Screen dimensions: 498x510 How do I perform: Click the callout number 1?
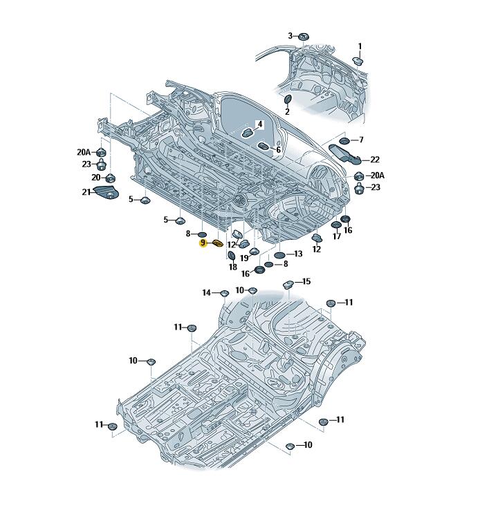(360, 46)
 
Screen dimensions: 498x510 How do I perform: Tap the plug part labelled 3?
(304, 36)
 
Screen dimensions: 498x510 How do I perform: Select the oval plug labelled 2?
(288, 100)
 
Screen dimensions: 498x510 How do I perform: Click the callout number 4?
(260, 124)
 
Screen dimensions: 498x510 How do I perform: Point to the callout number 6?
(278, 150)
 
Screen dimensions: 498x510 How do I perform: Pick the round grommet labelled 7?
(344, 141)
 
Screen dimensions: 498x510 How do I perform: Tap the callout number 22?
(375, 160)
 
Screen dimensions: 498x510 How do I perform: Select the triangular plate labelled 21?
(106, 192)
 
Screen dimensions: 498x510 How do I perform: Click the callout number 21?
(86, 192)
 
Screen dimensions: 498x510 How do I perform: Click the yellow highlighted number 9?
(203, 243)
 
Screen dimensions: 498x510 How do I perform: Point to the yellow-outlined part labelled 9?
(217, 243)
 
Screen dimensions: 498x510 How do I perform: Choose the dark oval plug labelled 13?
(279, 255)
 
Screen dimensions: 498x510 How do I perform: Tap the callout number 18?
(232, 267)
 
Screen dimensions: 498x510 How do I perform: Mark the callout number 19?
(244, 258)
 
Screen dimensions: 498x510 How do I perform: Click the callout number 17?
(337, 236)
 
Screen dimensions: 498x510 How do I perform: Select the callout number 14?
(207, 293)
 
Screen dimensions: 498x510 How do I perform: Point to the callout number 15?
(306, 281)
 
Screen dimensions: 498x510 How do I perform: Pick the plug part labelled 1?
(358, 61)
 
